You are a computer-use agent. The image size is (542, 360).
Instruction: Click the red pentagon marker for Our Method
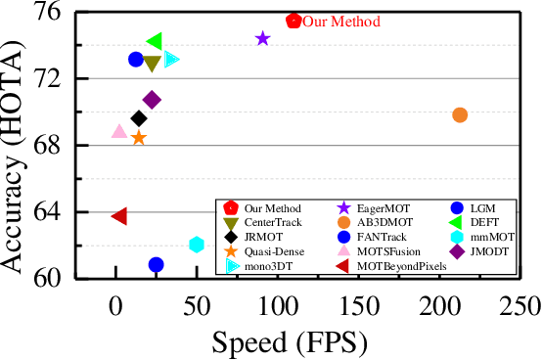tap(294, 21)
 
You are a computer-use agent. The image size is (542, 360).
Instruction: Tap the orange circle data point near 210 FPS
tap(460, 114)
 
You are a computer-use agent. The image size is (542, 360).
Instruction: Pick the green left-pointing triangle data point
tap(154, 41)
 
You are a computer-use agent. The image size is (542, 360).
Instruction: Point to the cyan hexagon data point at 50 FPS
tap(197, 244)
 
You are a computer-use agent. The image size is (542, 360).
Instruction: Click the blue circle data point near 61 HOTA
tap(156, 264)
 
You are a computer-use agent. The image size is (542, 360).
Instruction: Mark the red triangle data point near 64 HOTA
tap(118, 216)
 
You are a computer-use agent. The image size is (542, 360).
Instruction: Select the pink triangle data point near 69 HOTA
tap(119, 131)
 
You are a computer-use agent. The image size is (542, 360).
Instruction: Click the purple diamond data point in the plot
tap(152, 100)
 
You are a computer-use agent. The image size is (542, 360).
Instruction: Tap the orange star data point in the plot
tap(139, 138)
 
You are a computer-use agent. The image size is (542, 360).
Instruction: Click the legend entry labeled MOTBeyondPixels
tap(401, 265)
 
